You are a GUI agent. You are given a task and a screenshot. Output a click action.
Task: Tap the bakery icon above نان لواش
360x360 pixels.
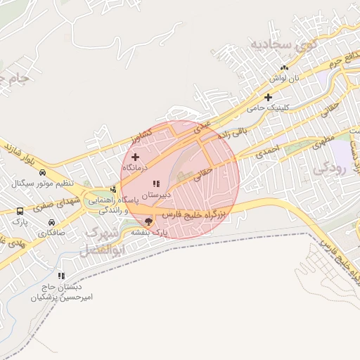pyautogui.click(x=284, y=68)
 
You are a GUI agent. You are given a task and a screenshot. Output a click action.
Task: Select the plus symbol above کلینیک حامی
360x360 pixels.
pyautogui.click(x=268, y=97)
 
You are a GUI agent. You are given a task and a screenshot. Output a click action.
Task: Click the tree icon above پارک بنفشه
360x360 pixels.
pyautogui.click(x=148, y=221)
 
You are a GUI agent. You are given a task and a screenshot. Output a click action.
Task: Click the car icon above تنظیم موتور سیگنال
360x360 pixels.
pyautogui.click(x=43, y=172)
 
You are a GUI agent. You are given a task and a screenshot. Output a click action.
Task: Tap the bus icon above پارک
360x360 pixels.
pyautogui.click(x=19, y=210)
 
